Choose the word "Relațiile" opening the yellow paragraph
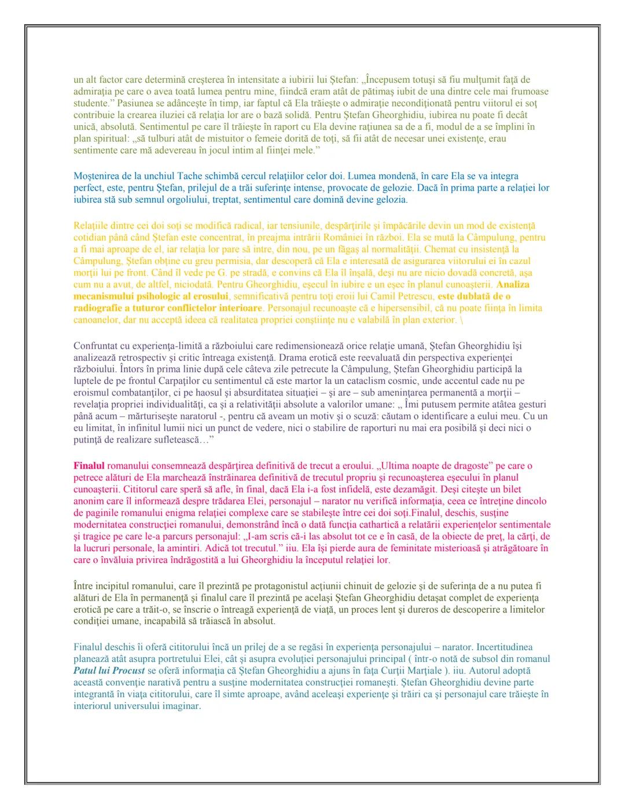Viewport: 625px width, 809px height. pos(91,226)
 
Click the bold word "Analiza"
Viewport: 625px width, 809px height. pos(513,284)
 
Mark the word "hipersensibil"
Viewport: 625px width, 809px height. pos(403,308)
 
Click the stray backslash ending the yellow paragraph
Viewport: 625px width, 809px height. pos(461,320)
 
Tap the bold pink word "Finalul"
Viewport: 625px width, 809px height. pos(89,466)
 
